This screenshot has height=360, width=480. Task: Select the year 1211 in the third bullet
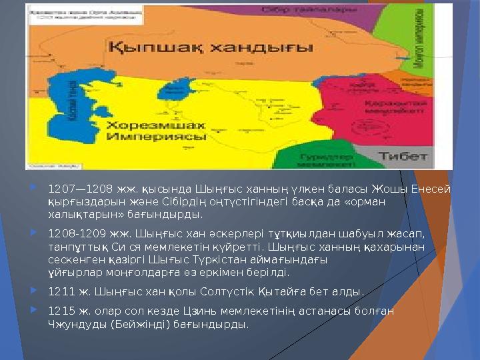coord(60,291)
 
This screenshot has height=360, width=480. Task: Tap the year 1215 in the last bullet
coord(60,311)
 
